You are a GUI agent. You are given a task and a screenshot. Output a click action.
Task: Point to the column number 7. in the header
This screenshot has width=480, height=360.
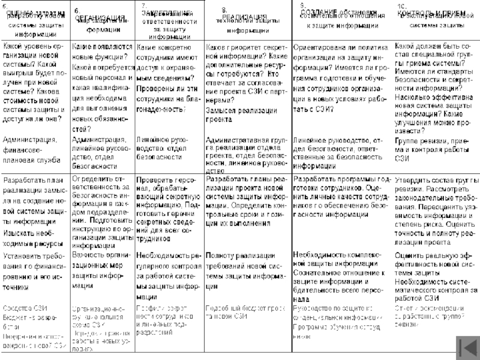(144, 5)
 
